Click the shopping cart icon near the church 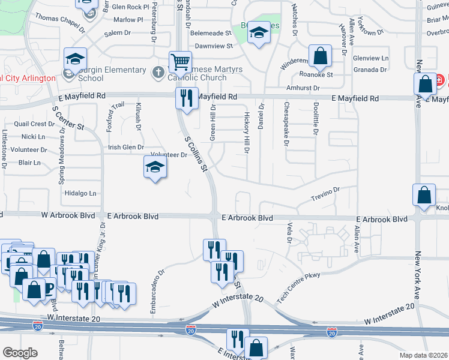180,61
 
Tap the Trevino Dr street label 325,193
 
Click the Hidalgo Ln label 81,193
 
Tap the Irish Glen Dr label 125,147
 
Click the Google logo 20,353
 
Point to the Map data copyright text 423,355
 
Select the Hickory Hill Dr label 246,131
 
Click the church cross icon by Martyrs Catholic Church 158,73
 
